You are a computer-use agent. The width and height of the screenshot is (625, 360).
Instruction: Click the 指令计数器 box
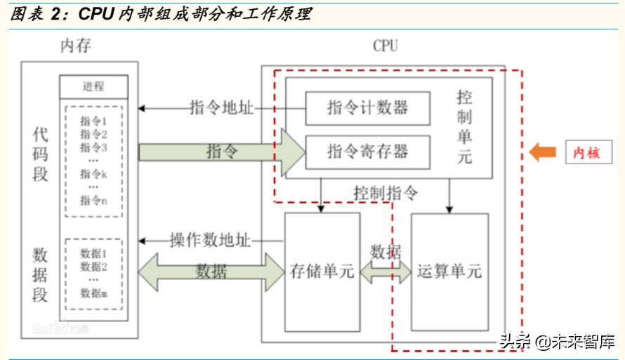tap(367, 108)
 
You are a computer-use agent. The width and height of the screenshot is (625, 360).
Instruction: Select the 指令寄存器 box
tap(367, 151)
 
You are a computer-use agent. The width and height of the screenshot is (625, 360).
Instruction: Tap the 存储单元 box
tap(322, 271)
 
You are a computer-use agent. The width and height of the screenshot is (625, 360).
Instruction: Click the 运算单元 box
tap(449, 271)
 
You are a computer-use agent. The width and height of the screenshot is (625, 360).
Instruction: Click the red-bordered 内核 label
tap(586, 152)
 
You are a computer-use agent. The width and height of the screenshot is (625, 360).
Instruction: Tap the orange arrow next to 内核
tap(542, 152)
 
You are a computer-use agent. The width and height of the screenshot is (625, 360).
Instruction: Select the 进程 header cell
tap(93, 87)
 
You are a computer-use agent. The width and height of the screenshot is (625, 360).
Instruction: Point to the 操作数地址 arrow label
tap(210, 239)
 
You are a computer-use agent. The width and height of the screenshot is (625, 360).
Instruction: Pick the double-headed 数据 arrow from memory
tap(211, 271)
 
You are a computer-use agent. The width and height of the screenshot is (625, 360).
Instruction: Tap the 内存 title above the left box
tap(75, 46)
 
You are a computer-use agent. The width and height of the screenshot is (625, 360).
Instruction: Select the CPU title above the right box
tap(385, 46)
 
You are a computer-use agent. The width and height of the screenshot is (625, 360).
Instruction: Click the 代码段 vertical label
tap(40, 154)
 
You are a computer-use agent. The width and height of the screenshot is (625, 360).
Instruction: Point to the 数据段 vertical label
tap(40, 274)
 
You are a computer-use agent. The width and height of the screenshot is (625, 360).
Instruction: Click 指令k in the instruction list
tap(93, 173)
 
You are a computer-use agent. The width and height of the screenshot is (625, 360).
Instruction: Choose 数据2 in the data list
tap(93, 267)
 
